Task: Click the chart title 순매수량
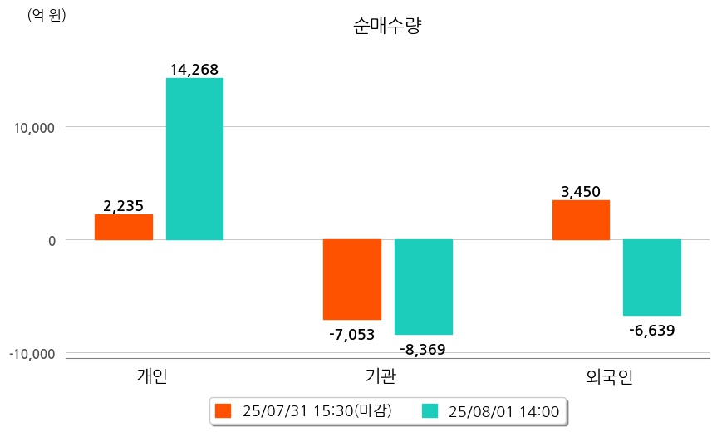tap(387, 27)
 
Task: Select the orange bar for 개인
tap(123, 227)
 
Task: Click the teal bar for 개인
tap(194, 159)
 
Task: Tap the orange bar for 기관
tap(351, 279)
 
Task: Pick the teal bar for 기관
tap(423, 287)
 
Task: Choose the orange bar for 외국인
tap(581, 220)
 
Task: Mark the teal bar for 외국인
tap(652, 277)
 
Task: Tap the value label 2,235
tap(124, 205)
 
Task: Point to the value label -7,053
tap(351, 335)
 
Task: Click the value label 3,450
tap(581, 192)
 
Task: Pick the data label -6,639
tap(651, 331)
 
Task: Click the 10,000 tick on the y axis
tap(32, 128)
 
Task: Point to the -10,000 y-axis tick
tap(32, 354)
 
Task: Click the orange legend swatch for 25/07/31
tap(223, 410)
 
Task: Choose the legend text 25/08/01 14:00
tap(503, 410)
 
